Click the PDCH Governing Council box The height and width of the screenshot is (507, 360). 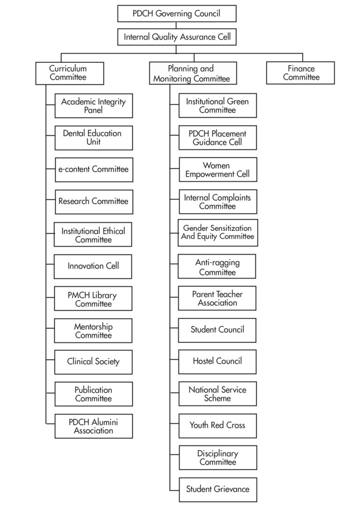(177, 14)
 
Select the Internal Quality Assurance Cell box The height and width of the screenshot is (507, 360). (177, 37)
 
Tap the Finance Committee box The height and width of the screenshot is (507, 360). (300, 73)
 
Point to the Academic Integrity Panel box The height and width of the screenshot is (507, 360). (94, 106)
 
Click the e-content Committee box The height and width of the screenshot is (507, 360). (94, 169)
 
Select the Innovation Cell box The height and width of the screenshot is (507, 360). (93, 266)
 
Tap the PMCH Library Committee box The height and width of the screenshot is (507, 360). (93, 299)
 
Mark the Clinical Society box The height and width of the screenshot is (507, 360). (93, 362)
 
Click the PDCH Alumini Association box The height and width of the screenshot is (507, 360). (93, 426)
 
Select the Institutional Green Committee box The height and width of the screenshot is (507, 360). (217, 106)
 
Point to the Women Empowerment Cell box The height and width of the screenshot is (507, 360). (217, 169)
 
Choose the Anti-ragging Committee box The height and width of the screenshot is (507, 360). (217, 266)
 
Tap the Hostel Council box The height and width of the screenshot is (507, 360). (217, 361)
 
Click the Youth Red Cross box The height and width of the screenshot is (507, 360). (217, 425)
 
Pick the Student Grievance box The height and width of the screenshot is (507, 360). (217, 489)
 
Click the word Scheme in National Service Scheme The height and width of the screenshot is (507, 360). (217, 398)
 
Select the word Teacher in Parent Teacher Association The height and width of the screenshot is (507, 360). (229, 294)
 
